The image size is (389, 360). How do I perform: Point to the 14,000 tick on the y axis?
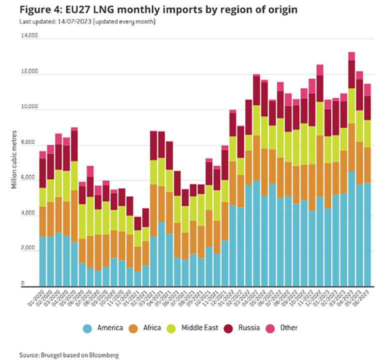point(28,36)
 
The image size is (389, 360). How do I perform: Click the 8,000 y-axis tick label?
point(29,143)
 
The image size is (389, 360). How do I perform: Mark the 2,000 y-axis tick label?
point(29,249)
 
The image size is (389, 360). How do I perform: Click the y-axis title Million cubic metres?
point(14,161)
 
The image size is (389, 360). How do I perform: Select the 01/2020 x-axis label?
point(35,299)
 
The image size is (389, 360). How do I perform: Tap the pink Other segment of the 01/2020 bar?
point(43,154)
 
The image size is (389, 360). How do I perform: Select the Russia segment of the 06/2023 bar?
point(367,108)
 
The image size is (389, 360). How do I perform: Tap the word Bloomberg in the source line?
point(102,354)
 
